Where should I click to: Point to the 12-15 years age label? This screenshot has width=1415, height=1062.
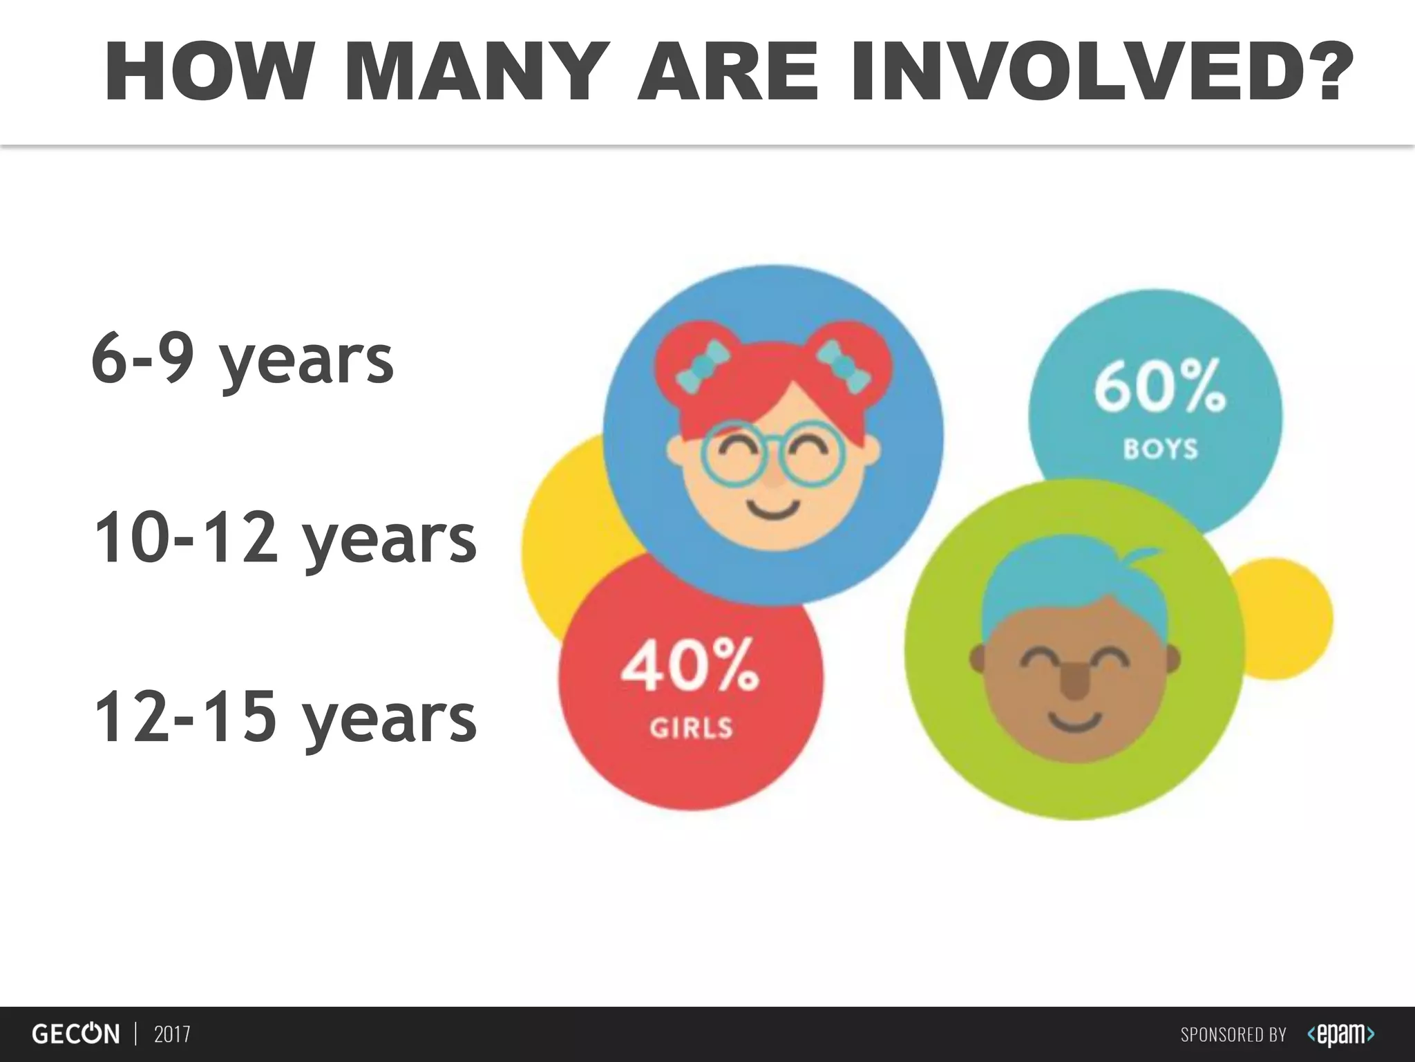[x=285, y=719]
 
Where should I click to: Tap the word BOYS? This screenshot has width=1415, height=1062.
[x=1160, y=449]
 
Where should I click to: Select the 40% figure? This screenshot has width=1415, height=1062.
[x=690, y=665]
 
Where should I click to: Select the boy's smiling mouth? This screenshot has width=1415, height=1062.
[x=1075, y=723]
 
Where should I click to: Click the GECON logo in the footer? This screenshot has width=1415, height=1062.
[x=75, y=1034]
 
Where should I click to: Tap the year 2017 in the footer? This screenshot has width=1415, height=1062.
[x=172, y=1034]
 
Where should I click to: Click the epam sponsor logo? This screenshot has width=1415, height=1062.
[x=1340, y=1034]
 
